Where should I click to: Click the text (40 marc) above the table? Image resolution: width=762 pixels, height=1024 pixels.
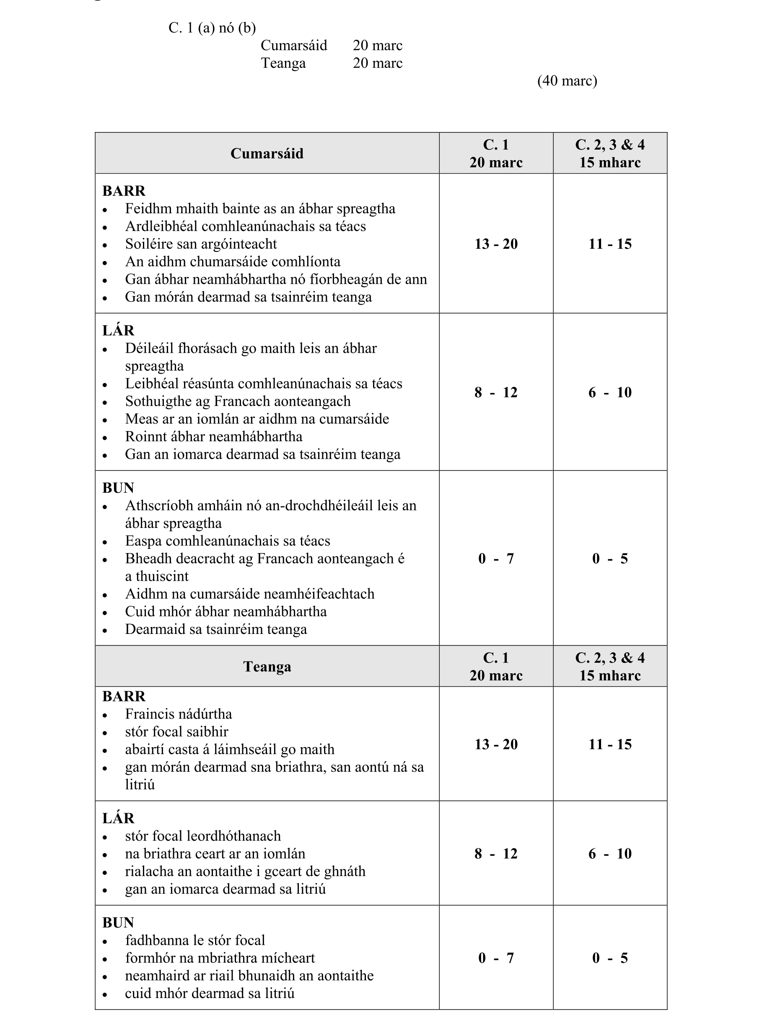[567, 81]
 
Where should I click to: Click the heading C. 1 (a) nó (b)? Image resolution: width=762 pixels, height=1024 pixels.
[212, 28]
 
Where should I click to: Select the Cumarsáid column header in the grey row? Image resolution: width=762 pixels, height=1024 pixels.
[267, 153]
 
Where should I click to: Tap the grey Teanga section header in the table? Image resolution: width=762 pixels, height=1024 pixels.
[267, 667]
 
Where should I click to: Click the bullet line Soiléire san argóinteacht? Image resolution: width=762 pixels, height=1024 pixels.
[201, 244]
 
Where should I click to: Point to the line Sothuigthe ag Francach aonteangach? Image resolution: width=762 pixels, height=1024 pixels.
[238, 401]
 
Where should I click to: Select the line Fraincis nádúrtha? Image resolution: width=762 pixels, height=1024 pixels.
[179, 714]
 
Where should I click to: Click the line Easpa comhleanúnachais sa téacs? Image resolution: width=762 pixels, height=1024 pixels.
[228, 541]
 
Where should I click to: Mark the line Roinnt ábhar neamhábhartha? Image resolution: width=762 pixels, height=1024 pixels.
[214, 437]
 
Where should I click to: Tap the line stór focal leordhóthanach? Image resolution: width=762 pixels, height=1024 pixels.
[203, 836]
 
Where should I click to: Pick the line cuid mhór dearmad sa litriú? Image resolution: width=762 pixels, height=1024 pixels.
[210, 993]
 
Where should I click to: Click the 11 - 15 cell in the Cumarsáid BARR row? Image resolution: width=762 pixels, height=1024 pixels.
[610, 244]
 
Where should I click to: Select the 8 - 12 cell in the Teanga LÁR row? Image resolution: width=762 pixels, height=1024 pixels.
[496, 853]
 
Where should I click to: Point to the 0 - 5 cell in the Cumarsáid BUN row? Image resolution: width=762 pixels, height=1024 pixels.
[610, 559]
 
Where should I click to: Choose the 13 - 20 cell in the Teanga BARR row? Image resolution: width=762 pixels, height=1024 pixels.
[496, 744]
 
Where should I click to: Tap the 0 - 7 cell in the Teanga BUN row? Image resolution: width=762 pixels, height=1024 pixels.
[496, 958]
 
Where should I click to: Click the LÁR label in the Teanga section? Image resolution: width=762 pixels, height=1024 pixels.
[119, 818]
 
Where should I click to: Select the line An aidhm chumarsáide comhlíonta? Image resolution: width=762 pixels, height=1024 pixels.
[233, 262]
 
